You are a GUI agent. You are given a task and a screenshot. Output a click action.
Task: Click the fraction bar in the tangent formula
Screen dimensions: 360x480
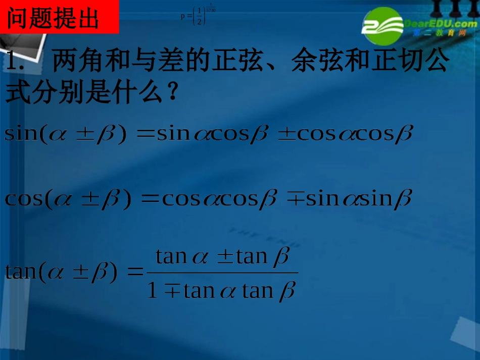[x=222, y=273]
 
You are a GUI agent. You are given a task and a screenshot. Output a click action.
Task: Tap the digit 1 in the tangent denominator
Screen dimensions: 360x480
[x=152, y=291]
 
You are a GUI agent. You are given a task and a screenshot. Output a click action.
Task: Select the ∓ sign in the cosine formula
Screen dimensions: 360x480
[x=295, y=198]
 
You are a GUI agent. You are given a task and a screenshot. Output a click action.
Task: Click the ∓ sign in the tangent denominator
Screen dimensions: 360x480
[x=172, y=291]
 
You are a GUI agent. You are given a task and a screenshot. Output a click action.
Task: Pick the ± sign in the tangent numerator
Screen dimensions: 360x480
[x=225, y=257]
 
